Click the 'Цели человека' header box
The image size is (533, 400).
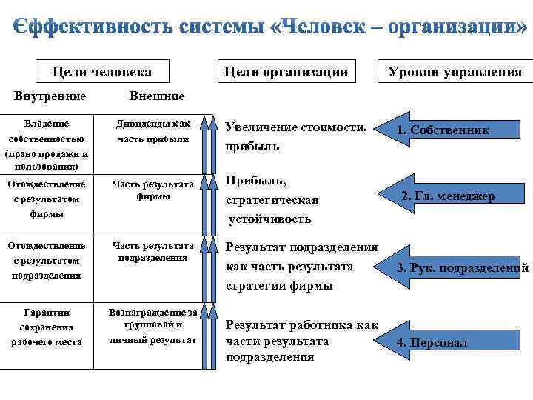[x=102, y=72]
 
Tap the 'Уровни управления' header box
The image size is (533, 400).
[x=455, y=72]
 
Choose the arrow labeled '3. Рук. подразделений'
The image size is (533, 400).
[x=459, y=267]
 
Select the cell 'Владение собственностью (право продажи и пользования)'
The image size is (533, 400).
[x=47, y=139]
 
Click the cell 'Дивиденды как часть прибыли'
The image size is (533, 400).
[x=153, y=131]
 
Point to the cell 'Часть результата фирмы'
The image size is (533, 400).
[x=153, y=190]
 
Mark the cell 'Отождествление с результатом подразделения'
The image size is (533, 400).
[x=47, y=260]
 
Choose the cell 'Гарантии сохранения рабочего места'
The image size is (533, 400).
[x=47, y=327]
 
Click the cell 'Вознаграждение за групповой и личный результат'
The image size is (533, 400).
[x=153, y=326]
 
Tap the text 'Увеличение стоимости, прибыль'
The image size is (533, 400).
[x=296, y=137]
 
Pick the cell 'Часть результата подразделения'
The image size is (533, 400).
[x=153, y=252]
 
